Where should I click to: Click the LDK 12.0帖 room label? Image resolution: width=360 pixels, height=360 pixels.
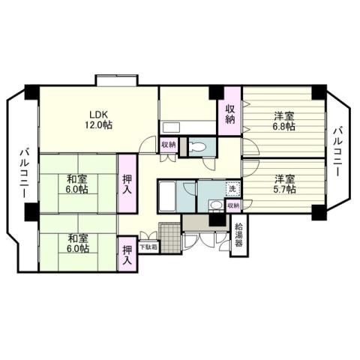pos(98,120)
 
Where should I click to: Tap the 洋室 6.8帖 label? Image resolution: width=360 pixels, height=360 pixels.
pos(283,121)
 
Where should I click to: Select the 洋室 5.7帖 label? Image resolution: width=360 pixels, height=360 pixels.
pos(283,183)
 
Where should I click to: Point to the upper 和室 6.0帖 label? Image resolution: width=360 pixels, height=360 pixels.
pos(76,183)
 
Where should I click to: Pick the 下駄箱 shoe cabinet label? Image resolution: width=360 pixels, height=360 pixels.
pos(148,245)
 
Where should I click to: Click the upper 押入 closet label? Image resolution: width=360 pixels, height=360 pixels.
pos(128,184)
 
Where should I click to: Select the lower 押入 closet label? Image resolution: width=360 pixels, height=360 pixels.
pos(127,255)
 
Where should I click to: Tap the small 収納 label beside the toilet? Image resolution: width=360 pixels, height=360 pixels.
pos(169,145)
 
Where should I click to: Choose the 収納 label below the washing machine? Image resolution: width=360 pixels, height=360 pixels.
pos(233,205)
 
